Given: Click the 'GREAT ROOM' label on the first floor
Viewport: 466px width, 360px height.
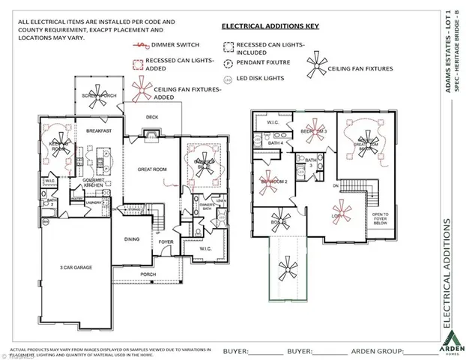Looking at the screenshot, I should [151, 169].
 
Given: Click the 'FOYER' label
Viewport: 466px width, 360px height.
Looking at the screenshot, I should [165, 241].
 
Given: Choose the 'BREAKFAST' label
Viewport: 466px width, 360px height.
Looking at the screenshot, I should [98, 130].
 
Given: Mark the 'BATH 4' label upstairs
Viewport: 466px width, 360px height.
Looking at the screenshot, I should [275, 142].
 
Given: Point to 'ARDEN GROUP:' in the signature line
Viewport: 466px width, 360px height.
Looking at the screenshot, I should [372, 350].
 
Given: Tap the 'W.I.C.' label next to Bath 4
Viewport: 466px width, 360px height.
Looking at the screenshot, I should [273, 122].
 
